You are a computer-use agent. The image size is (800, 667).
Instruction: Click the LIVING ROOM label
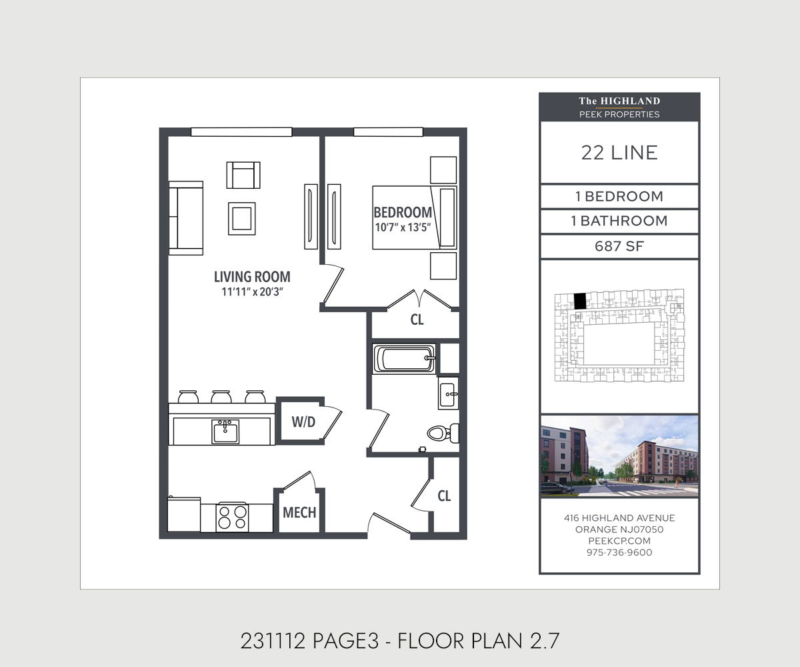(252, 277)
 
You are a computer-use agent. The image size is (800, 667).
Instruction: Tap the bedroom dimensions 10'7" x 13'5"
(403, 227)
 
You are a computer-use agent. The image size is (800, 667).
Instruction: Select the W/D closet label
(303, 422)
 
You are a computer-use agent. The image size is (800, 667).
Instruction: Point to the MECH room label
(299, 512)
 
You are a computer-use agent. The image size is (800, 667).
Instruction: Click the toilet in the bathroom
(443, 433)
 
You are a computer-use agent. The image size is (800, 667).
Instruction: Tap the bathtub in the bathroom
(404, 358)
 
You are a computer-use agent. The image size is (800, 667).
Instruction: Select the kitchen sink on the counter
(225, 432)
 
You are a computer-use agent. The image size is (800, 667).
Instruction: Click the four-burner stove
(232, 518)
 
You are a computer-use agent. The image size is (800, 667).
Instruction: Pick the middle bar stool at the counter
(221, 397)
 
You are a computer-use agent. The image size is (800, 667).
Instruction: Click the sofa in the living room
(186, 217)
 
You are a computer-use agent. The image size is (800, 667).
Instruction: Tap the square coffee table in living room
(242, 219)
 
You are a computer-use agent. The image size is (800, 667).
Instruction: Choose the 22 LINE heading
(619, 153)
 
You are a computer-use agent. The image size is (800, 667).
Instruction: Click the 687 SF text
(619, 246)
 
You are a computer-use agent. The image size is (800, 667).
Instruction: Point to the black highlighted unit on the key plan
(580, 301)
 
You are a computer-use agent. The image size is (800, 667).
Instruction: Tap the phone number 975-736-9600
(619, 552)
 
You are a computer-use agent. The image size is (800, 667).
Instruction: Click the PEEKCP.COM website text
(619, 541)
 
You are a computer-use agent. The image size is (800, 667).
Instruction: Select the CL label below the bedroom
(417, 319)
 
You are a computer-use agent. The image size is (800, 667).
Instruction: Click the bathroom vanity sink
(448, 394)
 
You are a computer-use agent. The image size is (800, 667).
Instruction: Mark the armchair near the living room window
(243, 175)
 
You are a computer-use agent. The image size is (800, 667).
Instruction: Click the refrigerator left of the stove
(184, 514)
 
